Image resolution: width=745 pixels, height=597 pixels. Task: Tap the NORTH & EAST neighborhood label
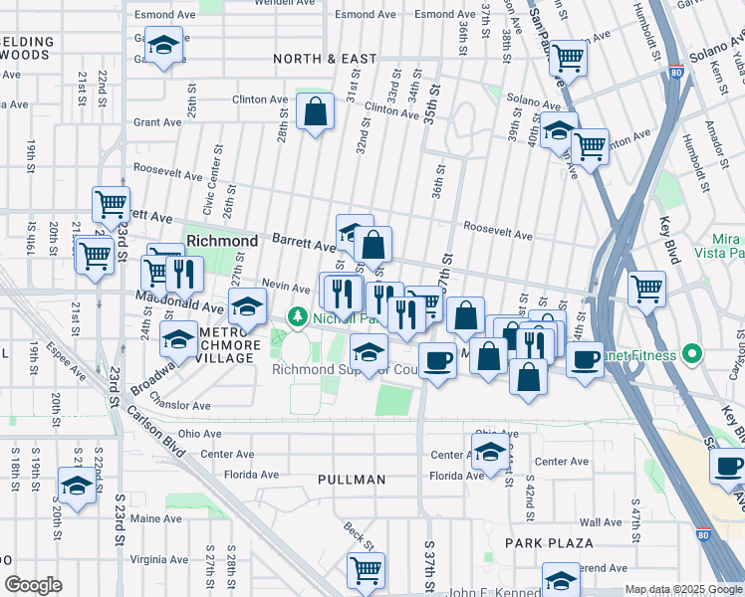tap(326, 60)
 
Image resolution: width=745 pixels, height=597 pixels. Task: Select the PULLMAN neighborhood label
tap(352, 480)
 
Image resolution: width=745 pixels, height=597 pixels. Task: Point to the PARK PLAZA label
tap(548, 543)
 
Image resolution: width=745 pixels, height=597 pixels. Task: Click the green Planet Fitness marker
tap(692, 355)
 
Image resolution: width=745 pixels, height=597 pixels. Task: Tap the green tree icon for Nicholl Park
tap(296, 317)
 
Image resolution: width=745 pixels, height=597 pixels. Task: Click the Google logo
tap(34, 585)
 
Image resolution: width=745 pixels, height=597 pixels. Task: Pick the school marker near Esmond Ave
tap(161, 46)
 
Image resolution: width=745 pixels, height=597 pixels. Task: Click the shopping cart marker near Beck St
tap(366, 570)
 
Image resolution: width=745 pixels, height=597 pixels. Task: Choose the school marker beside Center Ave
tap(489, 452)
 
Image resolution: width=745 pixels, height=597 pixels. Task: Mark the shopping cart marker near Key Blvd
tap(647, 289)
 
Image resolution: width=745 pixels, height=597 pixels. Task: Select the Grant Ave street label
tap(157, 122)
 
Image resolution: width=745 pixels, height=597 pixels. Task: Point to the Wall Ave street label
tap(600, 522)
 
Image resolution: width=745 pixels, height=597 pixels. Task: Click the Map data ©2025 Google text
tap(682, 589)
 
